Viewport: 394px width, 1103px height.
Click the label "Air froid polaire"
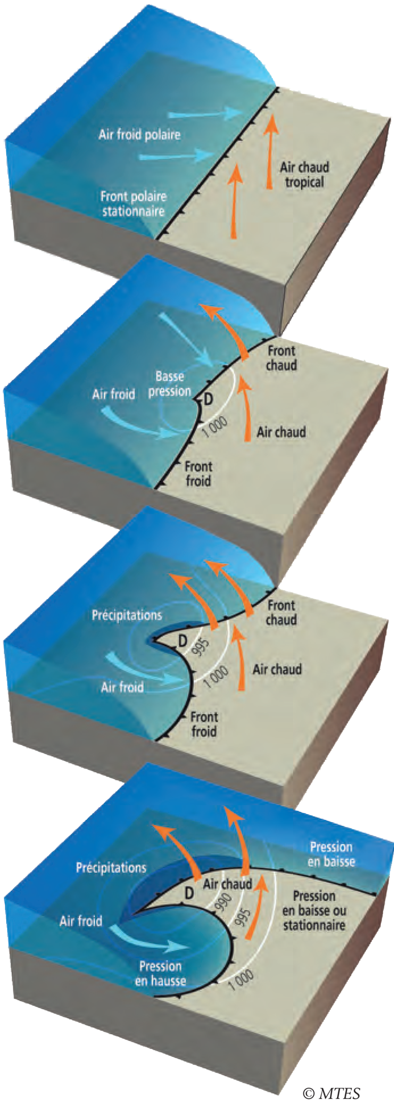pyautogui.click(x=139, y=135)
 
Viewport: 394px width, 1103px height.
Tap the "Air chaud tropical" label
pyautogui.click(x=304, y=175)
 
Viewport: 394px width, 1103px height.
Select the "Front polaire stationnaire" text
pyautogui.click(x=133, y=204)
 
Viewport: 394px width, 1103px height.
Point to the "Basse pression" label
pyautogui.click(x=169, y=384)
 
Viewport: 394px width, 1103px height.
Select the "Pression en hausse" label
pyautogui.click(x=160, y=973)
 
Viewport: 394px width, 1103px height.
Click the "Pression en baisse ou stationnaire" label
pyautogui.click(x=314, y=910)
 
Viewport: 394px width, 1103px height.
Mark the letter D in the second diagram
pyautogui.click(x=208, y=400)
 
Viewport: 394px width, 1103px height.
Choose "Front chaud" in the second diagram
pyautogui.click(x=281, y=358)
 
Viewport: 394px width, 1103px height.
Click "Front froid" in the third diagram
pyautogui.click(x=204, y=724)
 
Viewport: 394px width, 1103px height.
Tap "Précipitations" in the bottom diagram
pyautogui.click(x=111, y=868)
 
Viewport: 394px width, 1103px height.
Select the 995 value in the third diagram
pyautogui.click(x=201, y=646)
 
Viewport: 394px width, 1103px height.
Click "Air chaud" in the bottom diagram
pyautogui.click(x=227, y=884)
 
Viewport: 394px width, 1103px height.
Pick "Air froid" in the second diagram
pyautogui.click(x=114, y=394)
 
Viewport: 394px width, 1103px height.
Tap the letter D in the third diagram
pyautogui.click(x=183, y=641)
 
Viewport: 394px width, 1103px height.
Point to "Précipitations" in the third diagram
pyautogui.click(x=127, y=615)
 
